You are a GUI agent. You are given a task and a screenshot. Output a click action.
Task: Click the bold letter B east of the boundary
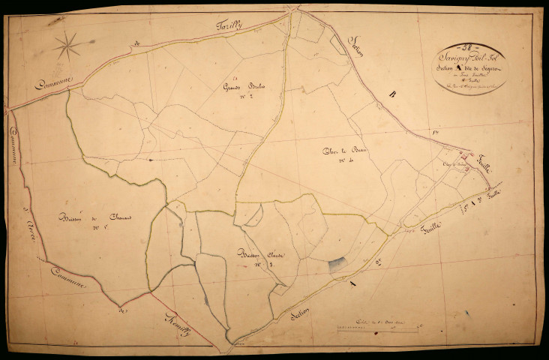(392, 94)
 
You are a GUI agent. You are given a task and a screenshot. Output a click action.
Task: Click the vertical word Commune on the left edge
(15, 150)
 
